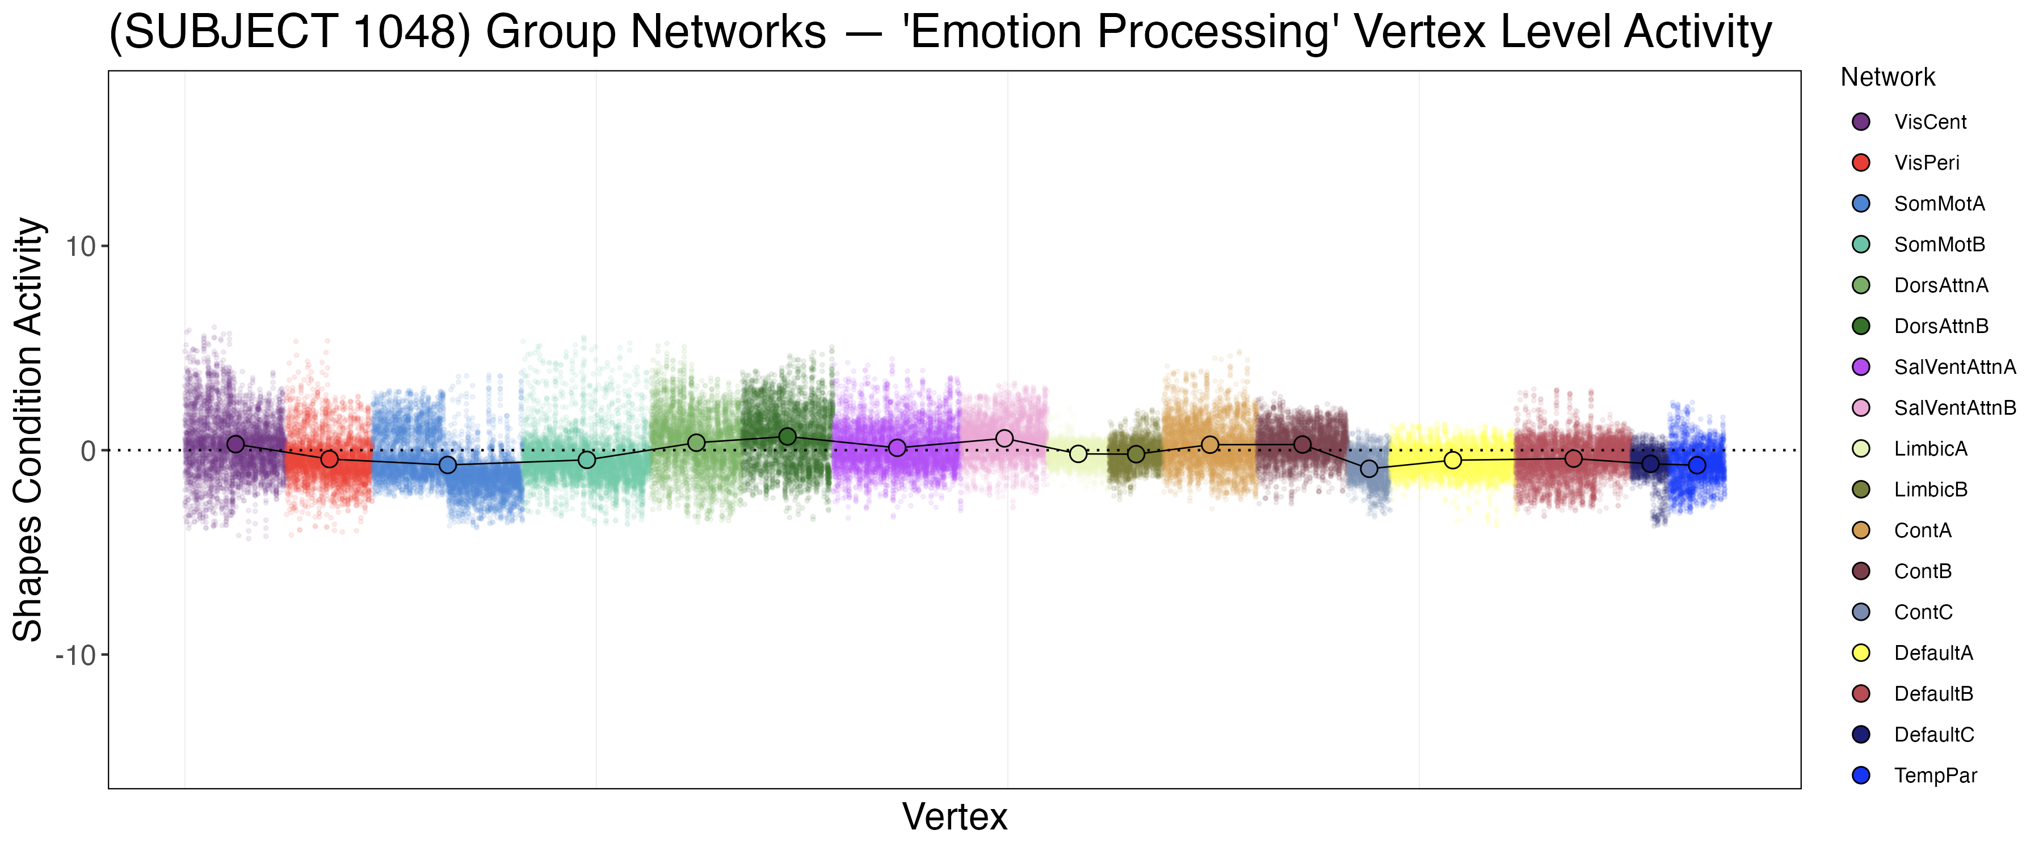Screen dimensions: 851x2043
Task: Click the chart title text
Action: [x=940, y=32]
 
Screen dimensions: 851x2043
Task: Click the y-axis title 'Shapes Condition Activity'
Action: [x=28, y=429]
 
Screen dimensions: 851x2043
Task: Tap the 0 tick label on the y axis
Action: [x=88, y=451]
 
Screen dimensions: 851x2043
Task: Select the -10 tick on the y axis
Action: [x=75, y=656]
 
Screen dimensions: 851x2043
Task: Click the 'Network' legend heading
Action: [x=1887, y=78]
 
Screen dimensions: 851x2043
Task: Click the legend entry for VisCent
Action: [x=1929, y=122]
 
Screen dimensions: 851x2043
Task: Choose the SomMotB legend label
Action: [x=1939, y=245]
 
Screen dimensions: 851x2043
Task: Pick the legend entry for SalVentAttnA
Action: [x=1954, y=367]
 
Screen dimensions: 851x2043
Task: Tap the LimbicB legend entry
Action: [x=1931, y=490]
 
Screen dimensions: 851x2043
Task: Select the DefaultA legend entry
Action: [x=1933, y=654]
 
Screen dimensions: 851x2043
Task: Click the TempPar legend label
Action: [x=1935, y=776]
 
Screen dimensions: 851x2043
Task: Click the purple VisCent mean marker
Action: [x=236, y=444]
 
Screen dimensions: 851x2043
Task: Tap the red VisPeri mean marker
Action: [x=329, y=459]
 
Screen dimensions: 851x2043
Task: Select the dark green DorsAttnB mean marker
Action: [x=788, y=437]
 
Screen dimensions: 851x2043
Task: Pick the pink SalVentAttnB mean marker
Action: [x=1004, y=439]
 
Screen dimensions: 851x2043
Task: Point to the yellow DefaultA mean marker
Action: [x=1452, y=460]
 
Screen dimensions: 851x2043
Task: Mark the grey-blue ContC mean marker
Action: [x=1369, y=469]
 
